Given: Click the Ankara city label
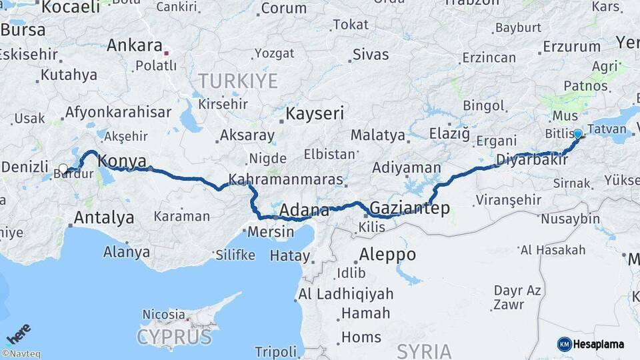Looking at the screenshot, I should pyautogui.click(x=134, y=45).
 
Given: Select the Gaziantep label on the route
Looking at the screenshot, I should pyautogui.click(x=409, y=208).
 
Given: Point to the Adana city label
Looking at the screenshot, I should pyautogui.click(x=304, y=211).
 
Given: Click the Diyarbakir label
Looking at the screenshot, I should pyautogui.click(x=531, y=160).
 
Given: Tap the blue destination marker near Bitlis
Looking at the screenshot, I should pyautogui.click(x=578, y=133).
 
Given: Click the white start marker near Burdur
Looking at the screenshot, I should pyautogui.click(x=63, y=169).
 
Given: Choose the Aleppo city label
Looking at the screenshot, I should pyautogui.click(x=387, y=254).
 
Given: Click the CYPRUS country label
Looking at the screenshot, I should pyautogui.click(x=175, y=337).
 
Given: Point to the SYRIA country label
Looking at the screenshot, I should pyautogui.click(x=424, y=351).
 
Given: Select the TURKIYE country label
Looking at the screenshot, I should pyautogui.click(x=237, y=81).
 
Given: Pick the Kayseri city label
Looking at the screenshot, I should pyautogui.click(x=315, y=113).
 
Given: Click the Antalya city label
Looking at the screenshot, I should pyautogui.click(x=103, y=217).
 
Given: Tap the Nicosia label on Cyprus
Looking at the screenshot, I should pyautogui.click(x=163, y=313).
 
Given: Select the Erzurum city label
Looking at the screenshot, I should pyautogui.click(x=571, y=46).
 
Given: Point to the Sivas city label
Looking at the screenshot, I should pyautogui.click(x=371, y=55).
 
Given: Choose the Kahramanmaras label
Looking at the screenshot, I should pyautogui.click(x=286, y=180).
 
